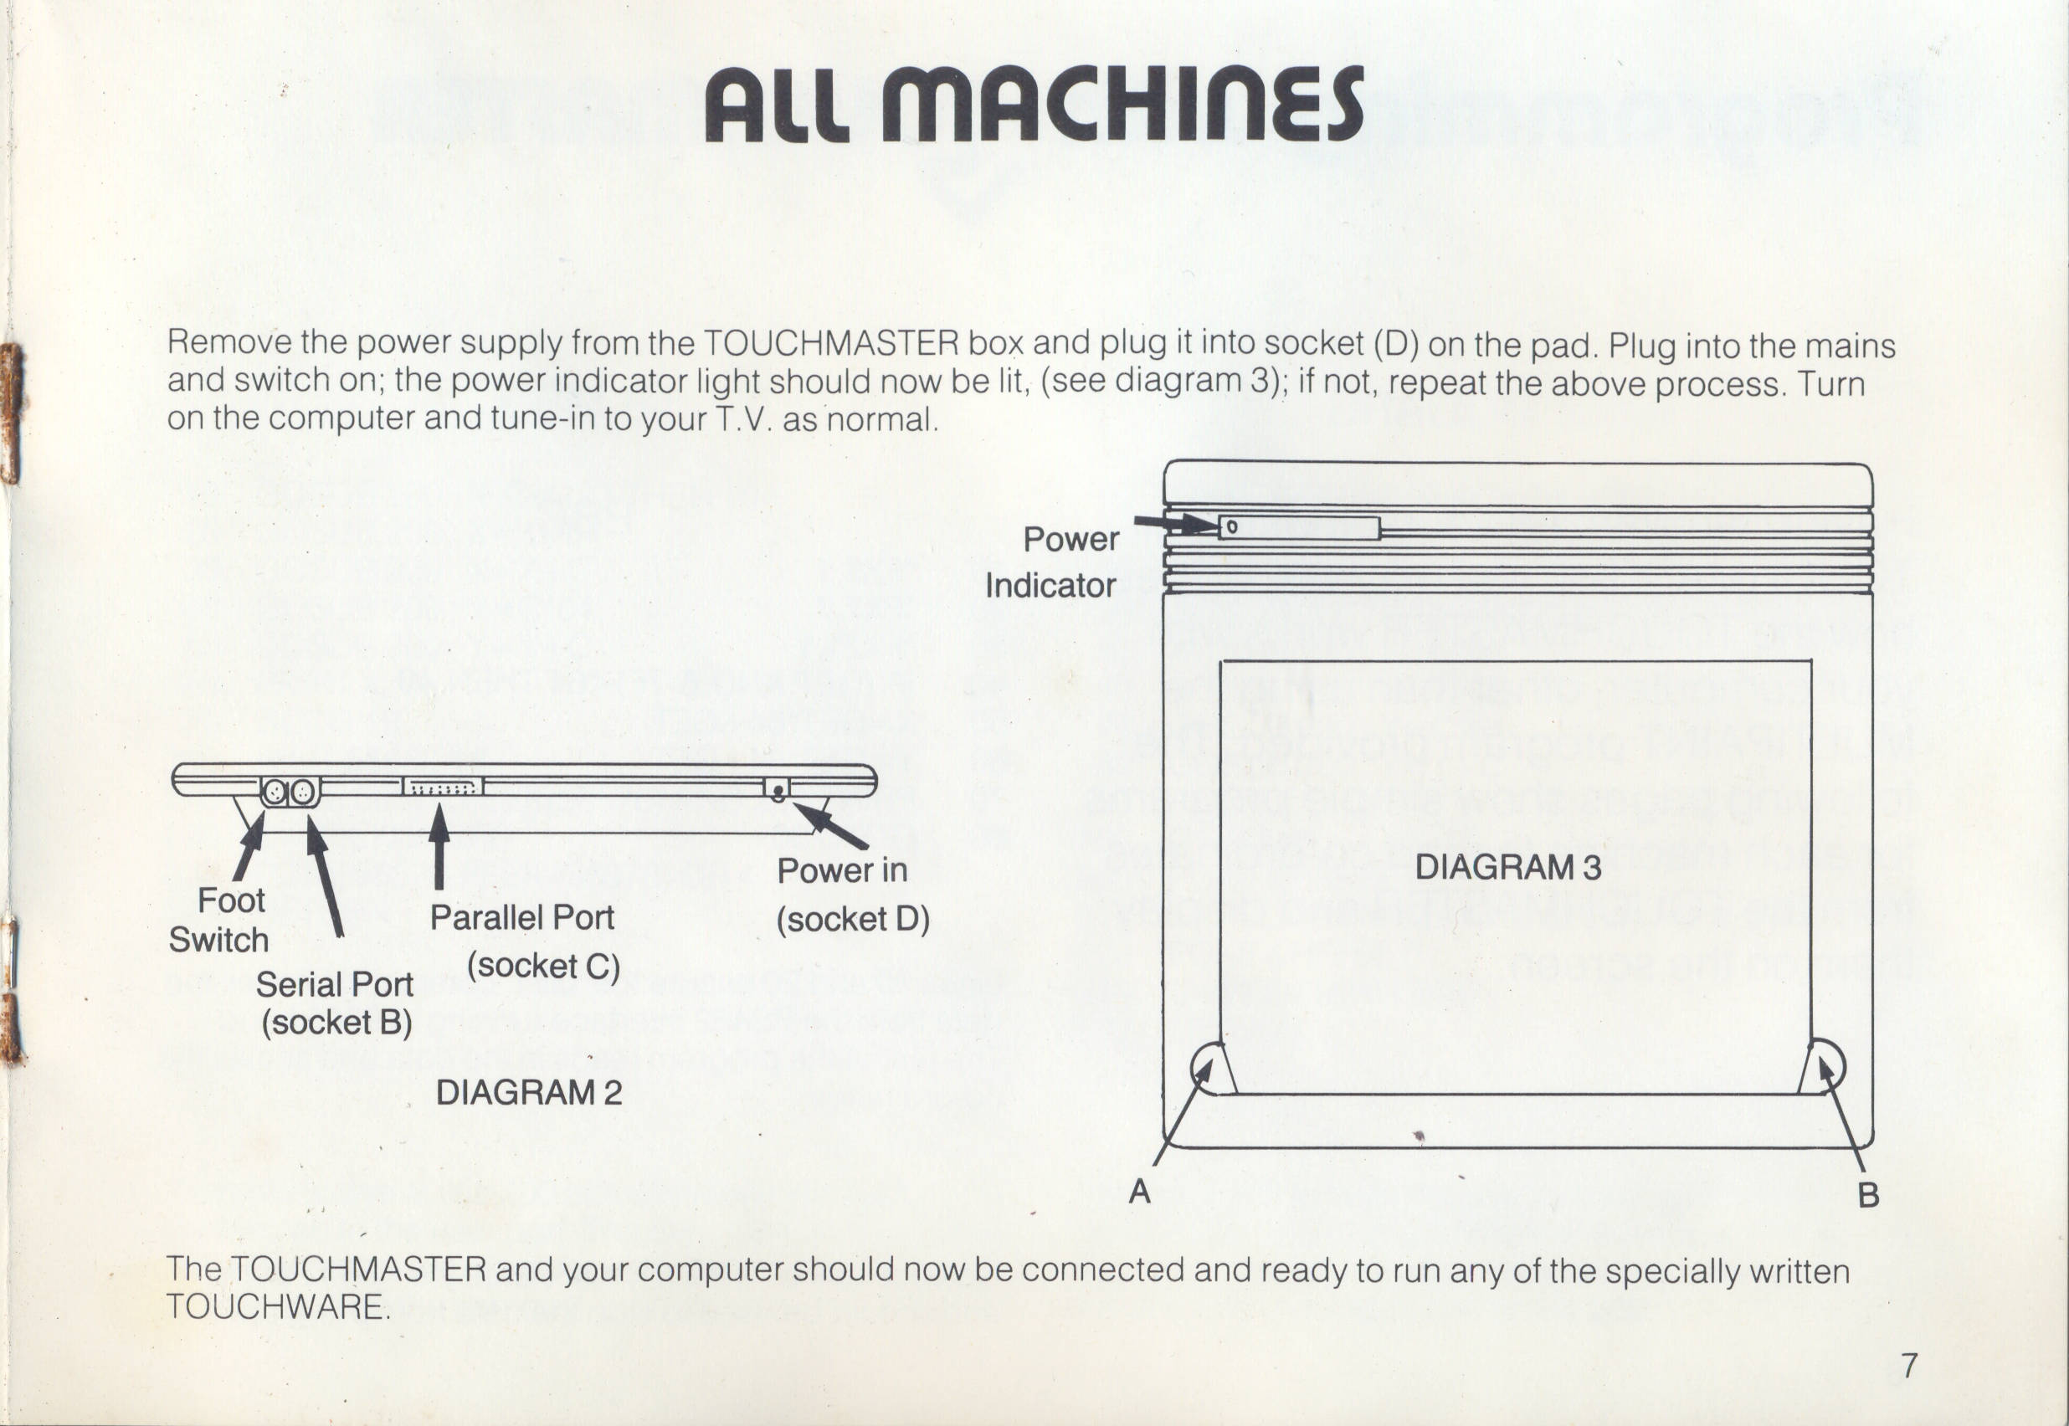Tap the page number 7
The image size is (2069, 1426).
click(x=1909, y=1366)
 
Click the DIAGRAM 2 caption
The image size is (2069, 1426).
click(x=528, y=1093)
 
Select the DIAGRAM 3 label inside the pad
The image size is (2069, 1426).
click(x=1508, y=867)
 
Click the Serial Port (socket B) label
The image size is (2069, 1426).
click(x=336, y=1003)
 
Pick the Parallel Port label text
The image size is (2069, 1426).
click(x=521, y=917)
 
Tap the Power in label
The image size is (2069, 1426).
click(x=841, y=870)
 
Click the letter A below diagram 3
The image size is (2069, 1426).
click(x=1139, y=1191)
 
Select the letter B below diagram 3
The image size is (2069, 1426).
click(x=1868, y=1194)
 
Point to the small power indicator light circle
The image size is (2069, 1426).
click(x=1232, y=527)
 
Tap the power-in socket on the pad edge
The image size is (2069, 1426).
click(x=778, y=789)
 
